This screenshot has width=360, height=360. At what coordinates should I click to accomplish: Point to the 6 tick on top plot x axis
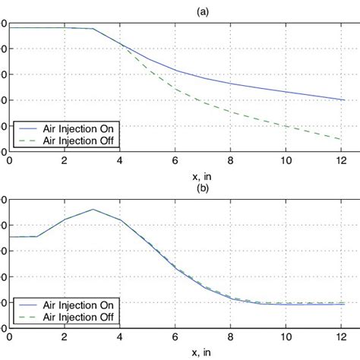[175, 161]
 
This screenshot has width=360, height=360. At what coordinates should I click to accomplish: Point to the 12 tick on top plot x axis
[341, 161]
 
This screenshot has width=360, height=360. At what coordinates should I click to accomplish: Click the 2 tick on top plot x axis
[65, 161]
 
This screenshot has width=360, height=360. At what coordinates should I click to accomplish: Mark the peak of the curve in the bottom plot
[93, 209]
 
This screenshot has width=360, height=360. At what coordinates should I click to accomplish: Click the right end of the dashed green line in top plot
[340, 139]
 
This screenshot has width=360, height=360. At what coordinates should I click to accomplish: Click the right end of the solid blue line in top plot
[340, 99]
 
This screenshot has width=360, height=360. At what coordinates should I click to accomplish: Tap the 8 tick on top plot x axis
[231, 161]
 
